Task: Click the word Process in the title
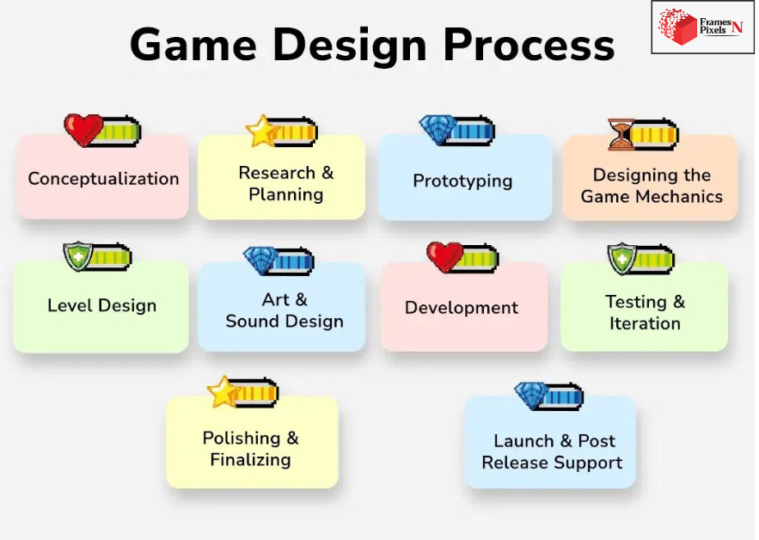(529, 45)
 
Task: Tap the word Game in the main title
(193, 45)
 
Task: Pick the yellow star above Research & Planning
(262, 132)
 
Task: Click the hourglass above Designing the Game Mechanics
(621, 134)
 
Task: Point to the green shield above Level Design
(78, 257)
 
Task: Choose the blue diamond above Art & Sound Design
(260, 261)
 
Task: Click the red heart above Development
(445, 257)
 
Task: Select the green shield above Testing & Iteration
(622, 259)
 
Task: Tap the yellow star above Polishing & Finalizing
(223, 392)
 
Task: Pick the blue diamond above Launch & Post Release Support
(531, 396)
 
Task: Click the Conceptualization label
(104, 179)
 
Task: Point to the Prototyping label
(462, 181)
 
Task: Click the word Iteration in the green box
(645, 323)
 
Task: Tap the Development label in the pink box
(462, 308)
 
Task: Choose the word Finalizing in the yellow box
(251, 460)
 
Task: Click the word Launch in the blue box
(523, 441)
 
